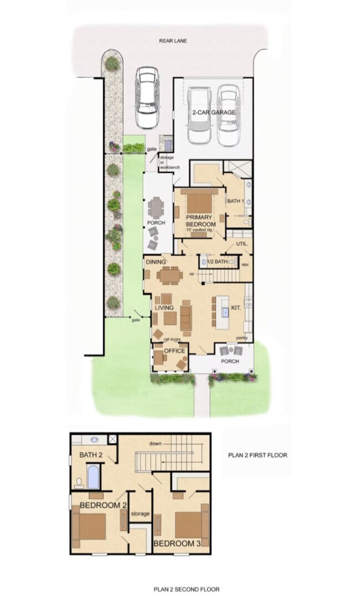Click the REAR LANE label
pos(171,40)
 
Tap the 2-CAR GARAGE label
pos(214,112)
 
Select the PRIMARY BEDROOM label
pos(200,220)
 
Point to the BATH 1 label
pos(235,201)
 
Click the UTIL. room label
pos(241,244)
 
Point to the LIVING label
pos(164,308)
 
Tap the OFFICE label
pos(174,351)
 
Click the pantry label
pos(241,337)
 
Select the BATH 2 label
pos(91,455)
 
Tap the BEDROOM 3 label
pos(177,543)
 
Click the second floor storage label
pos(140,514)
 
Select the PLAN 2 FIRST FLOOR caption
pos(258,455)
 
